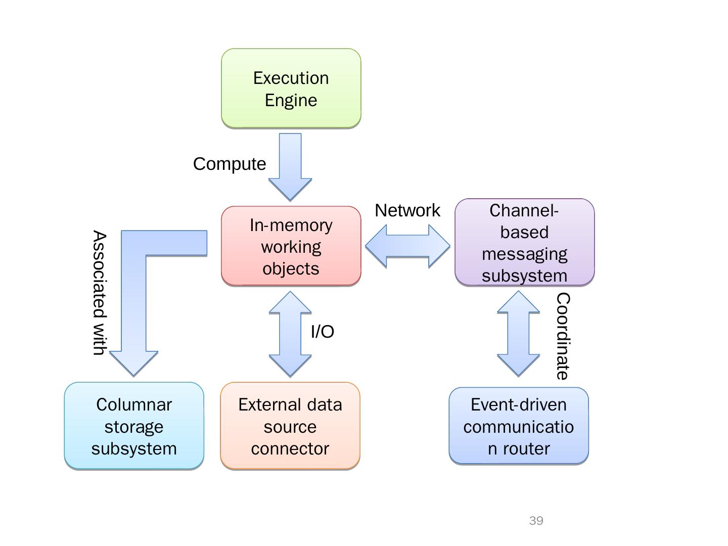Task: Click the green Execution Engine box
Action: [x=291, y=88]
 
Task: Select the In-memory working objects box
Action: [x=291, y=246]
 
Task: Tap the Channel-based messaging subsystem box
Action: [x=525, y=243]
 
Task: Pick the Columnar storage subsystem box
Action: [x=134, y=426]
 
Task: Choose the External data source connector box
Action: [x=290, y=426]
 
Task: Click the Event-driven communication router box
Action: [x=519, y=426]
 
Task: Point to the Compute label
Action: [x=230, y=164]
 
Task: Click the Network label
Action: [x=407, y=210]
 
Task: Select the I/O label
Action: [x=323, y=332]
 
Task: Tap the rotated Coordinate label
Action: [x=563, y=336]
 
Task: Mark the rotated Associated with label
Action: [x=100, y=293]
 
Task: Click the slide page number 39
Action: [x=536, y=521]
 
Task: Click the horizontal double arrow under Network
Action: [x=407, y=246]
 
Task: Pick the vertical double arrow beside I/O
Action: [x=290, y=334]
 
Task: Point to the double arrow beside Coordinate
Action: [x=518, y=334]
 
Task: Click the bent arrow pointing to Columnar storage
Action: [x=134, y=303]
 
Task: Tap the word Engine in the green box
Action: [x=291, y=100]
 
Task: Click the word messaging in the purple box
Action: [x=525, y=254]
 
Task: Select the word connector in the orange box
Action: [x=290, y=448]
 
